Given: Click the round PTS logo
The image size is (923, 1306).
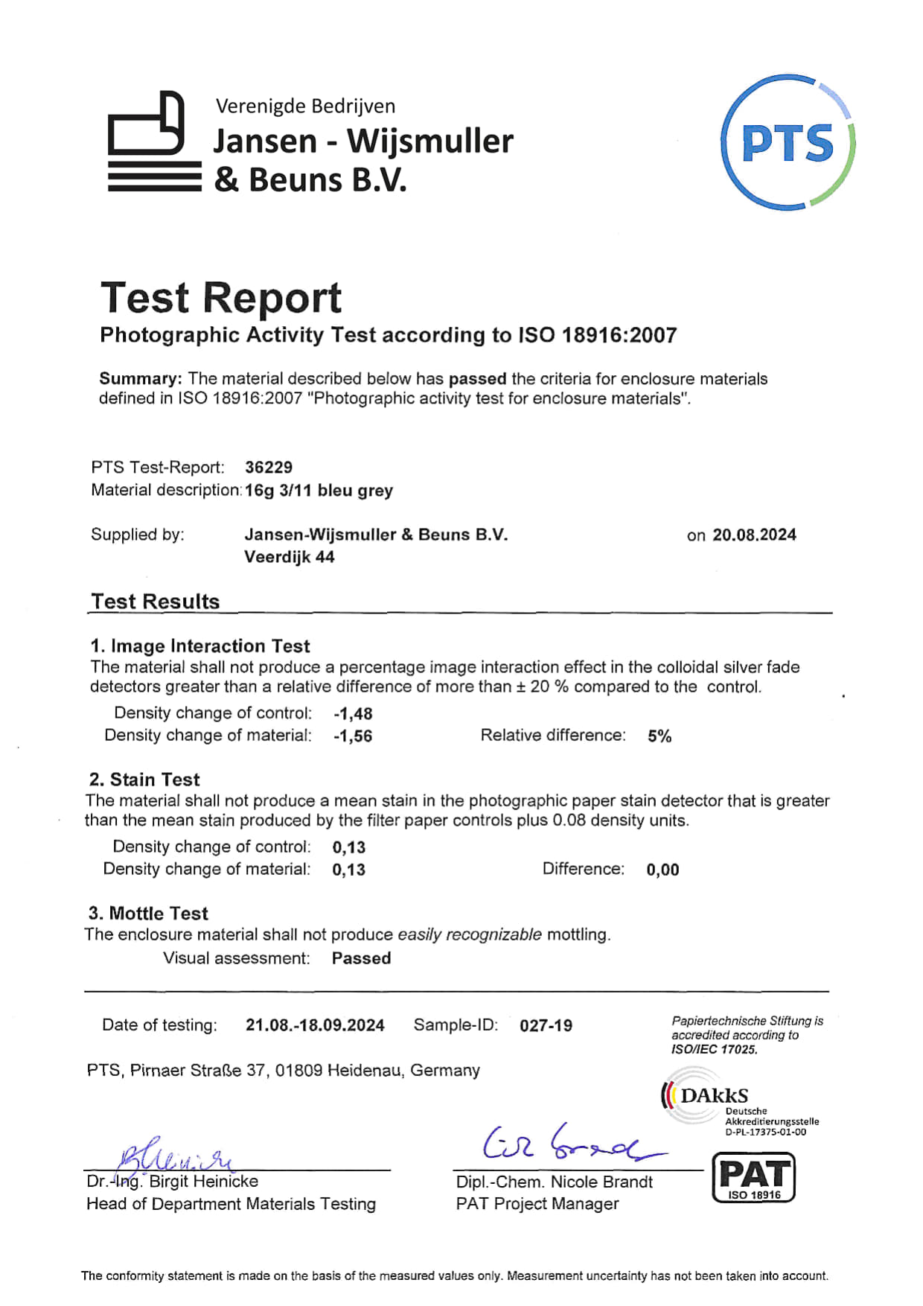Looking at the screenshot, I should (788, 142).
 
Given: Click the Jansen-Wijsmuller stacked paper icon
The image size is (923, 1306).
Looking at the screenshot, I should (154, 142).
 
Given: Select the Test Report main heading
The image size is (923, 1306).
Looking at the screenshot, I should (221, 298).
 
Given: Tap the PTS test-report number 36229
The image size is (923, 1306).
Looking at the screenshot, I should (269, 468).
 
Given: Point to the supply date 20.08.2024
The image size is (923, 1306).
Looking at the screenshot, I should (754, 535).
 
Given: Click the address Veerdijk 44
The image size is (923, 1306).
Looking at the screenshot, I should (290, 557).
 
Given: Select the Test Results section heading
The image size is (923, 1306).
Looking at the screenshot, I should (156, 602).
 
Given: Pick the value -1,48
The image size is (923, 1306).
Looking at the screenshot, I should (353, 713).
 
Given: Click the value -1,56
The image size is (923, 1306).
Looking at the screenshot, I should (353, 736).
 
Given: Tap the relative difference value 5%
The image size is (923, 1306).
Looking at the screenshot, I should (659, 736).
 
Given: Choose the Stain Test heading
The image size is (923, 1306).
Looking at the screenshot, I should (144, 780).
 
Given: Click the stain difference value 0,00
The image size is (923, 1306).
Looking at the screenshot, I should (662, 870).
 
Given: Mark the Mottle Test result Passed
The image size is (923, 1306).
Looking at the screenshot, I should (361, 958).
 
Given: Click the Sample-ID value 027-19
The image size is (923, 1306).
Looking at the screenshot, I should (546, 1025).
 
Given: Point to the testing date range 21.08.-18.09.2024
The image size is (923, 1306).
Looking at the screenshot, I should (315, 1025).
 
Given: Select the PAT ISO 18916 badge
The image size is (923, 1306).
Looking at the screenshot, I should (754, 1177).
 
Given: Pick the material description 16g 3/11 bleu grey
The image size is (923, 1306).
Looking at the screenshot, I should (319, 491).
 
